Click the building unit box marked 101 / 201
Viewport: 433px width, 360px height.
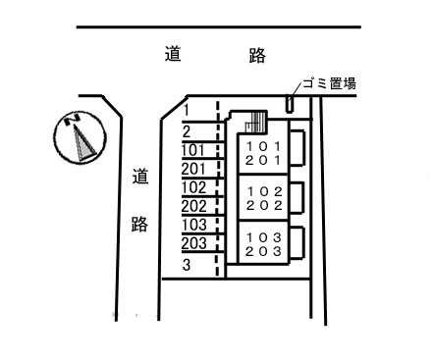point(261,153)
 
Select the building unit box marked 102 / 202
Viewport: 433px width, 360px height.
point(261,198)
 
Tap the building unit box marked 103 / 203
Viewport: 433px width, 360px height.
point(261,243)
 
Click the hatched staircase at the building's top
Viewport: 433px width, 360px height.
point(257,123)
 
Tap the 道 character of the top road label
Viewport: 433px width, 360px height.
point(173,56)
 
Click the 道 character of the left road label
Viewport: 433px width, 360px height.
point(139,179)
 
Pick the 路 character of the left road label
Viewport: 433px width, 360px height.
point(139,224)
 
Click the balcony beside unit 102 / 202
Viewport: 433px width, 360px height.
point(297,198)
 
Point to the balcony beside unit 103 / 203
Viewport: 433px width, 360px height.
point(297,243)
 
